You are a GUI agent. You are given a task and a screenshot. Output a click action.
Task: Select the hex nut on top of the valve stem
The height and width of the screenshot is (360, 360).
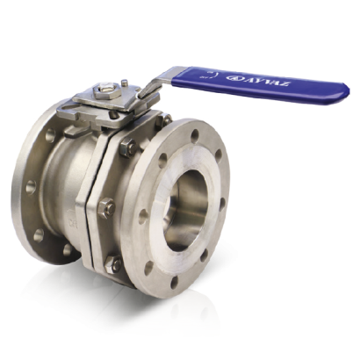105,91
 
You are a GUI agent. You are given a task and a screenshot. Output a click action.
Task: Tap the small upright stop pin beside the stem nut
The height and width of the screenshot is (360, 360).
125,83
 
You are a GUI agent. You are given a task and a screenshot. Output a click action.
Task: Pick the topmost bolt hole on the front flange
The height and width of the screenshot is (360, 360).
195,135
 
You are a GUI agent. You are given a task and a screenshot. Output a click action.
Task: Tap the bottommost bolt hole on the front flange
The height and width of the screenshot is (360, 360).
175,282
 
